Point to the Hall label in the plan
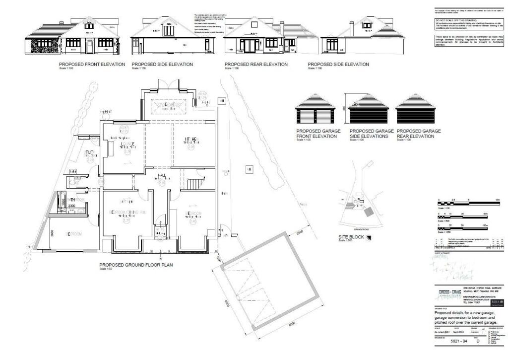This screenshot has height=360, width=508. [162, 176]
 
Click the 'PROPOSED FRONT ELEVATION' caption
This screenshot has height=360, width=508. [92, 65]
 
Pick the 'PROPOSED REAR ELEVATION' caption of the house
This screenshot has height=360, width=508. [255, 65]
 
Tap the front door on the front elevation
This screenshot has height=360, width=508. [89, 47]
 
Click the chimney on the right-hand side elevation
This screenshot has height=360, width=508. [351, 28]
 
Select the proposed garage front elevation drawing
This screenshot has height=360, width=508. [315, 110]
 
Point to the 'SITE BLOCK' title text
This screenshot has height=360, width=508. [350, 237]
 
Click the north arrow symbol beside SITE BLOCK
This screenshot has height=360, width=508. [368, 237]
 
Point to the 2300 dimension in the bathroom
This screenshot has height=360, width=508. [71, 206]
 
